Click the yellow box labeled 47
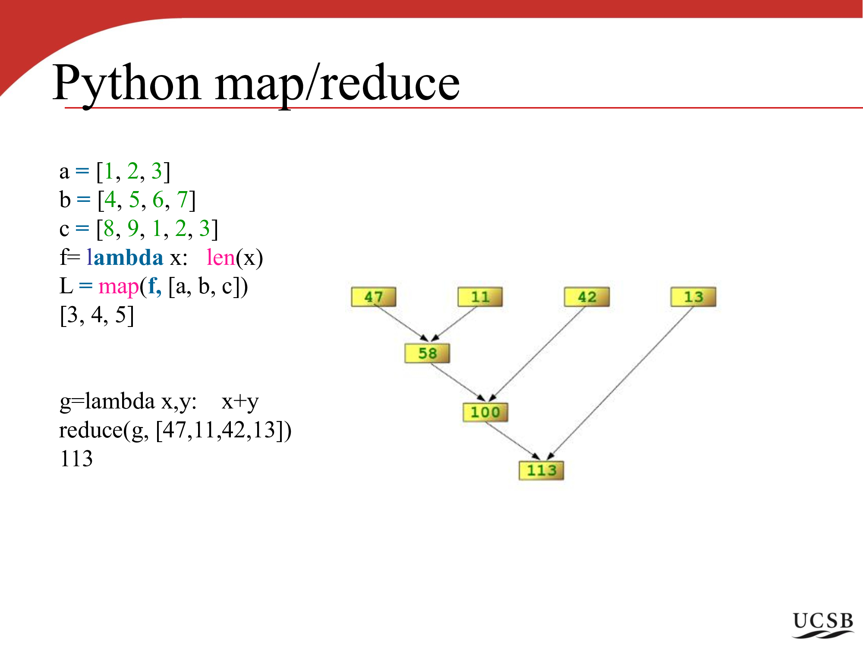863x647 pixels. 374,297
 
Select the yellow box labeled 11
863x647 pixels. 480,297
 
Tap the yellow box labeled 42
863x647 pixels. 587,297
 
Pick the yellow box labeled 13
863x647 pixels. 693,297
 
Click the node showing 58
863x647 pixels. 427,353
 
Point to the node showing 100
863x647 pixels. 485,412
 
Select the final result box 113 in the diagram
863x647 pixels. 542,470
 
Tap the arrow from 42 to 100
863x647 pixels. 537,354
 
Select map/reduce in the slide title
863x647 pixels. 337,83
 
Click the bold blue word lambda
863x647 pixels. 125,258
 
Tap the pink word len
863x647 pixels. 220,258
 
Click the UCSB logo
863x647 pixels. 823,625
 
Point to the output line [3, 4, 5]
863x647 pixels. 97,315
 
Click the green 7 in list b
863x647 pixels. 183,200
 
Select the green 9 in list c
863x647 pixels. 133,229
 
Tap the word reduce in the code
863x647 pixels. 91,430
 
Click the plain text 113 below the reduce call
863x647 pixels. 76,459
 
